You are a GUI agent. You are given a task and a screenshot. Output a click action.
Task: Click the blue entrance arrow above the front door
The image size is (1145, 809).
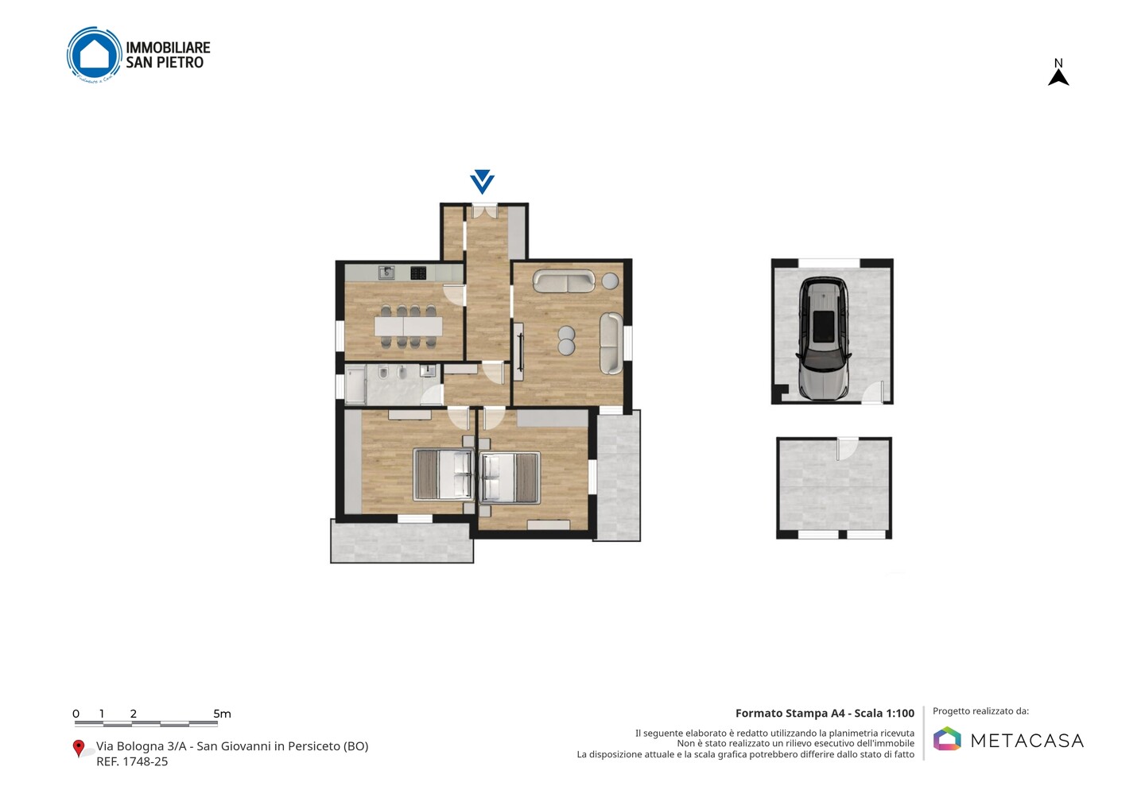482,181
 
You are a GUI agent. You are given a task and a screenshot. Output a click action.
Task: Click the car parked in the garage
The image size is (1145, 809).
823,338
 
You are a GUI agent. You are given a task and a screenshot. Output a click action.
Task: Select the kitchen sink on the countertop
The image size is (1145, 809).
386,273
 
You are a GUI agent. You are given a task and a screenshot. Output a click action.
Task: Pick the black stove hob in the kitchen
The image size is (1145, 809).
418,273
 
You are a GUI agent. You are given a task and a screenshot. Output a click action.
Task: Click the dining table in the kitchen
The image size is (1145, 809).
408,327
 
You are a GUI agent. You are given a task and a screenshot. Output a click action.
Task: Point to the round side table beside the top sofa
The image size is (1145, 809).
610,281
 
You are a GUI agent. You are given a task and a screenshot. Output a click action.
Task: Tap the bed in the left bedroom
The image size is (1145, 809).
443,474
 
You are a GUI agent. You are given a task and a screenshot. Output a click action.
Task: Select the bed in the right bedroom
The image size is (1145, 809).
510,477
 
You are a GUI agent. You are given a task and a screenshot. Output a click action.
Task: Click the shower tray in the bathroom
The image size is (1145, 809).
355,384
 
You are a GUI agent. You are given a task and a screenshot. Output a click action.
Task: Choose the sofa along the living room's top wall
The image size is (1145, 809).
564,281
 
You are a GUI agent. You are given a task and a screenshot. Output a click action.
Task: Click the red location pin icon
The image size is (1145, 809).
78,749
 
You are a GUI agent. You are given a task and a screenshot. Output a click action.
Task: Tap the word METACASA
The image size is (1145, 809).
1027,741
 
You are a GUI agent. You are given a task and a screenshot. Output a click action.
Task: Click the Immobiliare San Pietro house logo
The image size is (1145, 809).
94,55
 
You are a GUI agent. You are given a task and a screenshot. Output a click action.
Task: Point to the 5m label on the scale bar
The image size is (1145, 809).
222,714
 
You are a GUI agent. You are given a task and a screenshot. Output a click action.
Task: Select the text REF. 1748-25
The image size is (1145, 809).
132,761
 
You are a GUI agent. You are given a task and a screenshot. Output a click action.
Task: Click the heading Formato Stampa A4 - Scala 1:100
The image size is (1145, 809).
825,713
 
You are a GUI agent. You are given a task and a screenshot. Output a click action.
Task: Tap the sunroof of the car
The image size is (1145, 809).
823,326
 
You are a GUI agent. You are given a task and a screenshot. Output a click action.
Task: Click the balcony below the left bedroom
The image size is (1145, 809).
402,541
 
